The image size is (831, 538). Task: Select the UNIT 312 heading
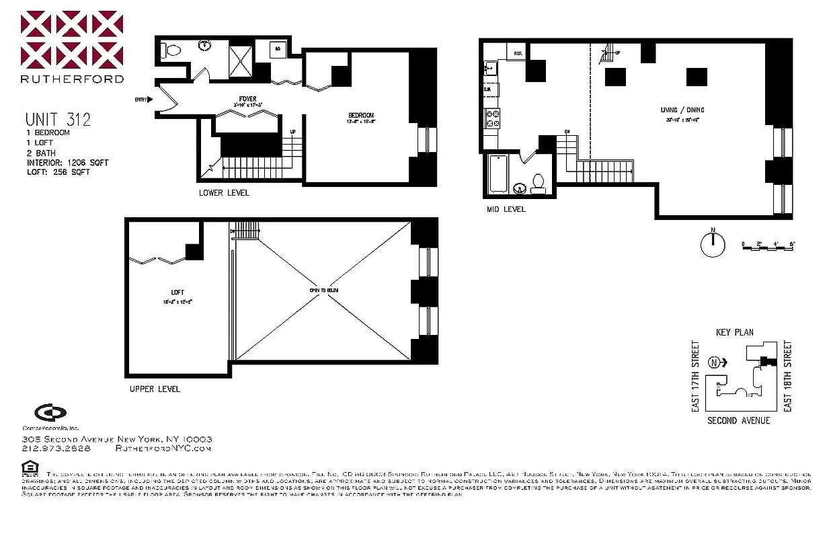click(x=58, y=120)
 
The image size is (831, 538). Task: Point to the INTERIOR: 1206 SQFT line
click(x=67, y=163)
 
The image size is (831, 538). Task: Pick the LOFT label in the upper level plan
click(x=177, y=293)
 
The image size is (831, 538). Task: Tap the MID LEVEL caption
click(x=506, y=209)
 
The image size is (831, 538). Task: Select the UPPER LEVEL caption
click(x=155, y=389)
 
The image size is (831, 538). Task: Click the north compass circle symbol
click(x=712, y=245)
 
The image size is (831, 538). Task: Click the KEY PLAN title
click(x=734, y=332)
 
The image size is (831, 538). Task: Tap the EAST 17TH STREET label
click(x=695, y=377)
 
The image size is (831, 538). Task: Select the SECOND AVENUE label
click(x=738, y=420)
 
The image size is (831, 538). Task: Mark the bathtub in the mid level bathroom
click(x=498, y=174)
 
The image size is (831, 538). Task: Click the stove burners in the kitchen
click(x=491, y=118)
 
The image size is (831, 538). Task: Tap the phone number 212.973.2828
click(x=56, y=448)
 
